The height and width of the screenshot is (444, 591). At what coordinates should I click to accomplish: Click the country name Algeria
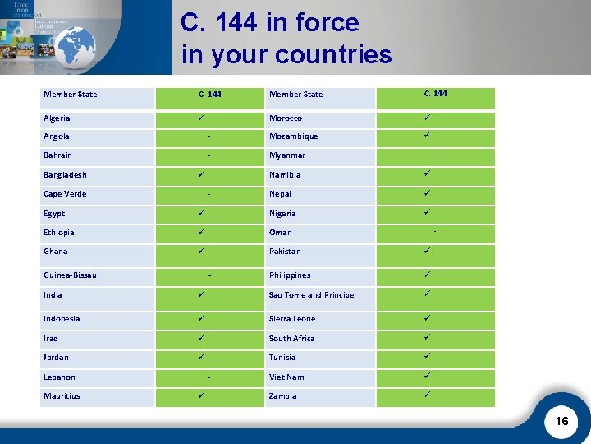57,118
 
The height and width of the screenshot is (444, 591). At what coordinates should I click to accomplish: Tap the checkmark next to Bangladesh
200,174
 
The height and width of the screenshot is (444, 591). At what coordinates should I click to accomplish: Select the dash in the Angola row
210,136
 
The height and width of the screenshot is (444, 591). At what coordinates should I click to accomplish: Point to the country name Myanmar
286,155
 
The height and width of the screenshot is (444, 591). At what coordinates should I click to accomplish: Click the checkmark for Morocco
427,118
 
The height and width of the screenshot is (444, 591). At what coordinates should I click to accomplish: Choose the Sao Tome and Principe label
311,295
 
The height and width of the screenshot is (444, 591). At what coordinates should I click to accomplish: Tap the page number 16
561,421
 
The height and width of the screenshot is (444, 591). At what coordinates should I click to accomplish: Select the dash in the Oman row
435,231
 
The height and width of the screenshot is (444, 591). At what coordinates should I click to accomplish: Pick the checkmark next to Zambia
427,395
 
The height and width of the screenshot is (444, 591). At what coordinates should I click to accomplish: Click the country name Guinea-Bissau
70,275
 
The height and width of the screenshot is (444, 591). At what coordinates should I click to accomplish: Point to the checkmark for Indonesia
200,318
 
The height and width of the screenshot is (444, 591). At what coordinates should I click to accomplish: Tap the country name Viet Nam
286,377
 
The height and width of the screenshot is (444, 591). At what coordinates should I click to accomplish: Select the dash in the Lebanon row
210,377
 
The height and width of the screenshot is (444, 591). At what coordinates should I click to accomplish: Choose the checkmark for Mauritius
200,395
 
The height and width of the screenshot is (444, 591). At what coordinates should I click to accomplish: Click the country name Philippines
291,275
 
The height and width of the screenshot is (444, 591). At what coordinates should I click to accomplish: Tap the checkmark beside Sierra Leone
427,318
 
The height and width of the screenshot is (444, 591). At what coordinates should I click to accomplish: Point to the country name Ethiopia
58,233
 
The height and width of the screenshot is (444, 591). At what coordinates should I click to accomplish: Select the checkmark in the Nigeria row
427,212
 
